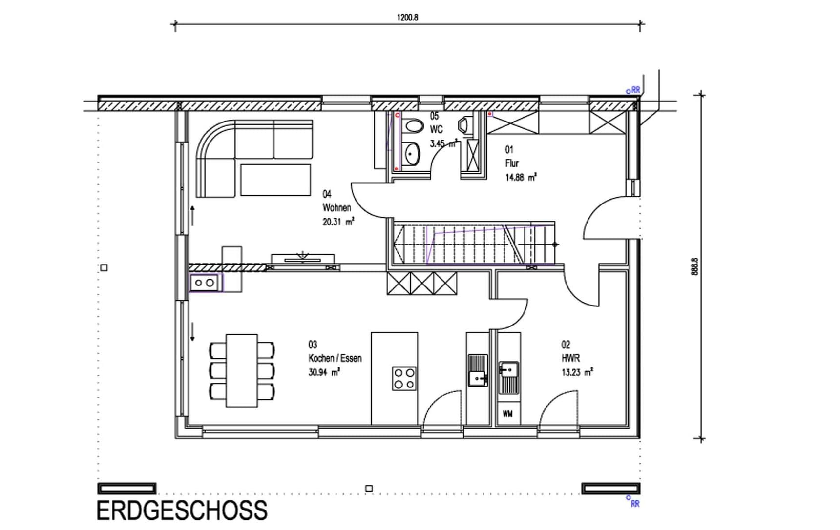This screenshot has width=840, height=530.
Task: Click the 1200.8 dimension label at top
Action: pyautogui.click(x=407, y=18)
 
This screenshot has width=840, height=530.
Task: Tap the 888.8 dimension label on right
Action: pyautogui.click(x=695, y=267)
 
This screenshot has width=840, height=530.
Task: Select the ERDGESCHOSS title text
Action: pyautogui.click(x=182, y=510)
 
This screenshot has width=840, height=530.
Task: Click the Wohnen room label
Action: pyautogui.click(x=336, y=208)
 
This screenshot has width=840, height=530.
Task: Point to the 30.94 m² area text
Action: pyautogui.click(x=324, y=372)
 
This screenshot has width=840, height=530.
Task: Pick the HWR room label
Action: pyautogui.click(x=570, y=358)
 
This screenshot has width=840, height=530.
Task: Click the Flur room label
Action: pyautogui.click(x=512, y=163)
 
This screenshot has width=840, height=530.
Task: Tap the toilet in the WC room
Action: pyautogui.click(x=414, y=126)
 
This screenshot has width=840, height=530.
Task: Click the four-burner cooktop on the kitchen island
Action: pyautogui.click(x=404, y=379)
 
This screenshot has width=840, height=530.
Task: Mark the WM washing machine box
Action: pyautogui.click(x=508, y=414)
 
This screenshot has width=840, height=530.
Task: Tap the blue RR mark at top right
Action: pyautogui.click(x=633, y=90)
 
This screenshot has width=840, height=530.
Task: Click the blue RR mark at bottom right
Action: pyautogui.click(x=633, y=503)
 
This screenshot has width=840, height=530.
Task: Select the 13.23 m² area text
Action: pyautogui.click(x=577, y=372)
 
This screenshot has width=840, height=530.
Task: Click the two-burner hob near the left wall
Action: pyautogui.click(x=204, y=283)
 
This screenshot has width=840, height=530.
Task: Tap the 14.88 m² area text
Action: pyautogui.click(x=521, y=178)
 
